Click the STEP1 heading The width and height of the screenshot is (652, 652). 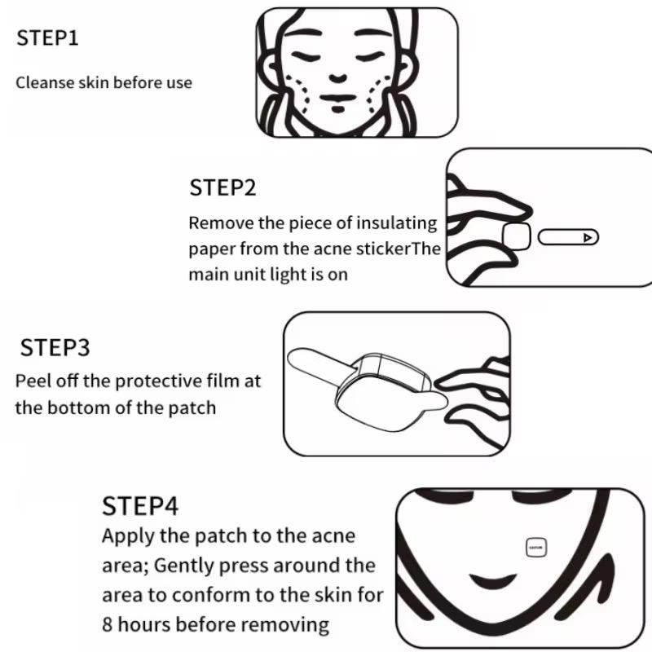tap(47, 37)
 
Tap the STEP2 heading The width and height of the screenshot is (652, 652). tap(222, 187)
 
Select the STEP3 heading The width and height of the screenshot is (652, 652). tap(55, 348)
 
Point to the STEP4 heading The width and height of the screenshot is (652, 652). tap(140, 506)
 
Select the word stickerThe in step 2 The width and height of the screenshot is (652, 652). tap(398, 249)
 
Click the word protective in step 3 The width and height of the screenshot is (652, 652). tap(158, 381)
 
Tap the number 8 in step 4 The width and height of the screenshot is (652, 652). tap(107, 624)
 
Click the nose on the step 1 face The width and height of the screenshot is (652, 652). tap(337, 77)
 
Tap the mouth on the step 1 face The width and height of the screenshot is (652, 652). tap(337, 98)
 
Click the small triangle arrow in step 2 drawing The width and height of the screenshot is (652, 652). tap(587, 237)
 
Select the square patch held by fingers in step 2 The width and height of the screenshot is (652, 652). tap(517, 236)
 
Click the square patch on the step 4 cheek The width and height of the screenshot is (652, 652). tap(536, 548)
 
